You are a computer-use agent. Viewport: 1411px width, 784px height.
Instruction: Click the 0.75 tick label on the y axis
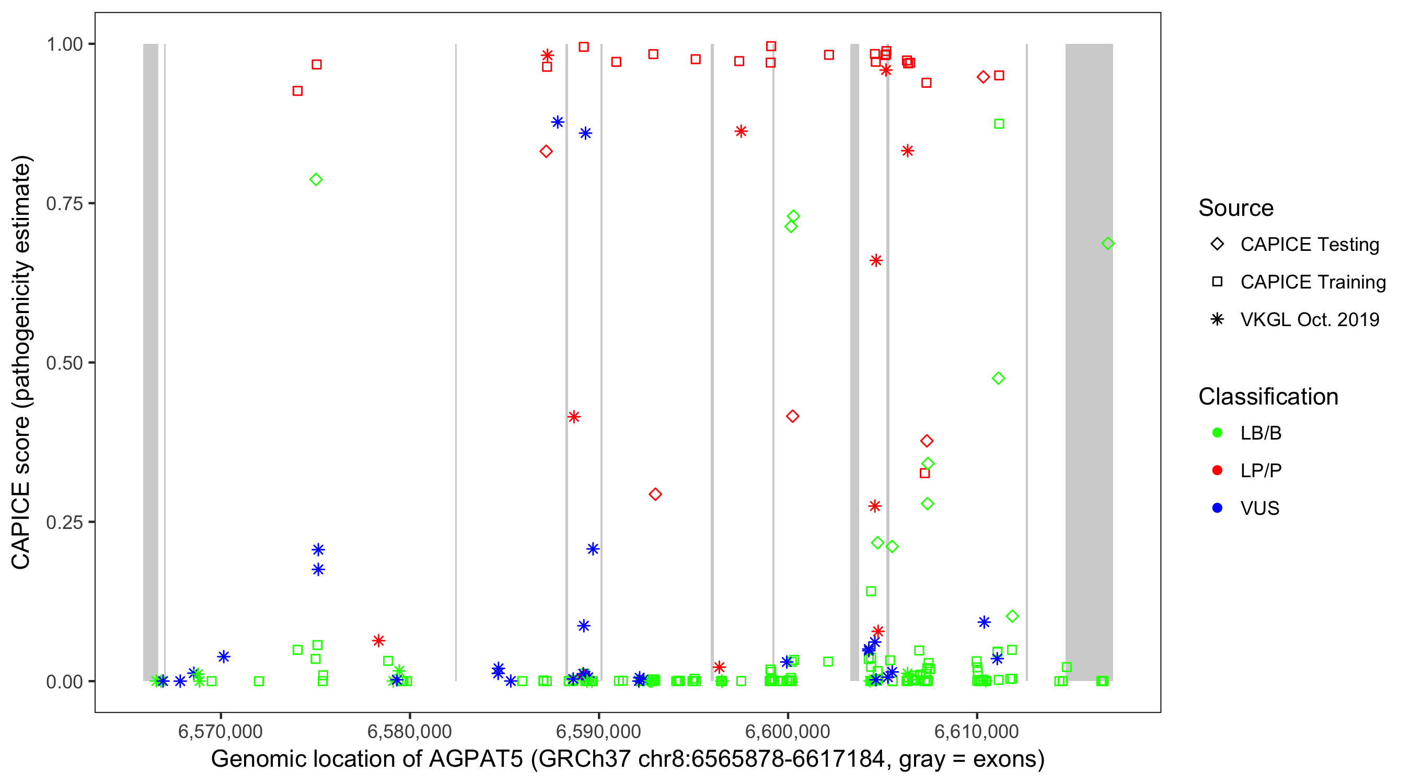(63, 204)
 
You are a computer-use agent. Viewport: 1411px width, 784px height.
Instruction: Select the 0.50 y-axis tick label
(63, 363)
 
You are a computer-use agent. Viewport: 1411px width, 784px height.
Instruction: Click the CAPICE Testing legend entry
(1309, 245)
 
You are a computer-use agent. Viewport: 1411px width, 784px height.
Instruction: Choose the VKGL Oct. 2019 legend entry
(1309, 319)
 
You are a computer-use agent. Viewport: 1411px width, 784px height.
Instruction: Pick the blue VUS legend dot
(1217, 508)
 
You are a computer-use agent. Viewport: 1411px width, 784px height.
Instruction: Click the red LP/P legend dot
(1217, 470)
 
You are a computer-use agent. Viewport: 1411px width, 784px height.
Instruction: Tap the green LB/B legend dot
(1217, 433)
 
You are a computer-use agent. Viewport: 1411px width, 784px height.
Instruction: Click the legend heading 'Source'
(1236, 208)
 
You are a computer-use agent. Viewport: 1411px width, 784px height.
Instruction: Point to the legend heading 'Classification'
(1268, 397)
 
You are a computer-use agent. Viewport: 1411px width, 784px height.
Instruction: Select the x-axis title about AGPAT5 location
(628, 759)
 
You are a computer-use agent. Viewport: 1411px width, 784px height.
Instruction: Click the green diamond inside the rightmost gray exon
(1107, 243)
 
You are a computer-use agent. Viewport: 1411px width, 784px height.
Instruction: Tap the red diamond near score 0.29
(655, 494)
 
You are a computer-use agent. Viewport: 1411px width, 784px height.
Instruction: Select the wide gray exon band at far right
(1089, 439)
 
